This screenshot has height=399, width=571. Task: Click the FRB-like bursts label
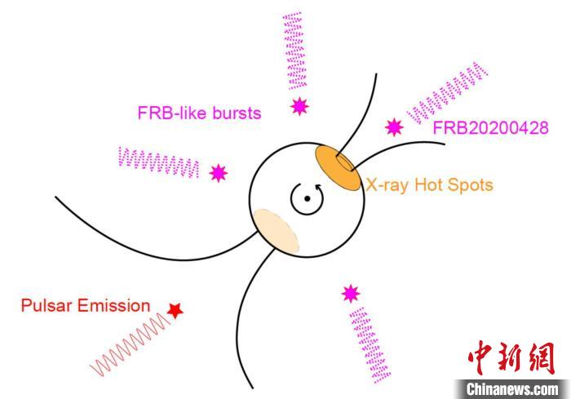(x=199, y=113)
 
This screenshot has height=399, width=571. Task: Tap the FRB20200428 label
(x=490, y=128)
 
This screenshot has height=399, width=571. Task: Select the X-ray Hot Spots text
(x=429, y=184)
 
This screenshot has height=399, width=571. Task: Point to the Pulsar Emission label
(x=86, y=305)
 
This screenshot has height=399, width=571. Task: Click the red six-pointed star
(x=175, y=310)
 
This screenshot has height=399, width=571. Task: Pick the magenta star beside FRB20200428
(x=394, y=127)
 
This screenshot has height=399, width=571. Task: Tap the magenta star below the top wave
(x=299, y=106)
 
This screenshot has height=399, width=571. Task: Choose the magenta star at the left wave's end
(x=219, y=173)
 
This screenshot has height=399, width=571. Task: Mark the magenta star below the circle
(x=351, y=294)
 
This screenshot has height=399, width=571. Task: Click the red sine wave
(x=130, y=344)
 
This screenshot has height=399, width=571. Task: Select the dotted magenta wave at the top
(x=294, y=51)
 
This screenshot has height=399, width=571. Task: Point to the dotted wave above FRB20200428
(x=447, y=93)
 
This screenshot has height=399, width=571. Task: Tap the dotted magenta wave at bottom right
(x=370, y=345)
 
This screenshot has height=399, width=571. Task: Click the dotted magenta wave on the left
(x=159, y=162)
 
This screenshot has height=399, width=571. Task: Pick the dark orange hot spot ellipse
(x=338, y=168)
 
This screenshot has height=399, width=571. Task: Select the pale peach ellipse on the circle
(x=277, y=232)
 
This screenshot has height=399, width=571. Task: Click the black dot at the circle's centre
(x=307, y=198)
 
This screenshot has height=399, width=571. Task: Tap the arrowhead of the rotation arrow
(x=320, y=188)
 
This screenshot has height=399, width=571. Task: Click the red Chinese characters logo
(x=511, y=358)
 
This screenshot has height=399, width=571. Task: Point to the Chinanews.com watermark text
(x=512, y=389)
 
